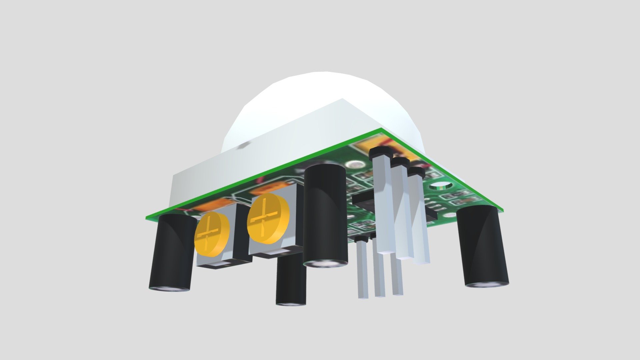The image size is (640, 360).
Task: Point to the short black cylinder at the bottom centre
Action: point(291,283)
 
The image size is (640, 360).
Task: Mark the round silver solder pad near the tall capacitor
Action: point(355,164)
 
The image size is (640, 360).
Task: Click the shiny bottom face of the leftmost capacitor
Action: point(169,289)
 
